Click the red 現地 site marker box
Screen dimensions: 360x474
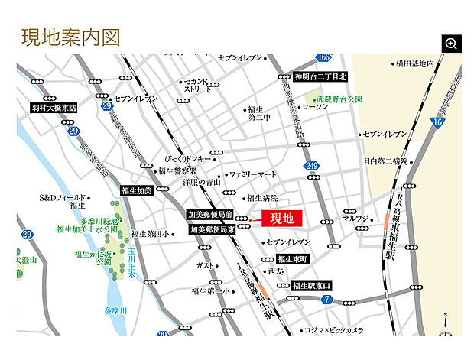click(282, 219)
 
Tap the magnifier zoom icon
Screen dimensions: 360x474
click(451, 44)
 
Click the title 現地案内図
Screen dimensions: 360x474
click(70, 37)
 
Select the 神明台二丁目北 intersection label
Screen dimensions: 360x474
click(320, 76)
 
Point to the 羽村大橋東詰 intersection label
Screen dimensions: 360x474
click(54, 109)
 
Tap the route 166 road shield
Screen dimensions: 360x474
click(323, 58)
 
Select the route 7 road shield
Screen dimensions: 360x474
click(326, 299)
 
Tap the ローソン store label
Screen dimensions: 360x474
click(315, 108)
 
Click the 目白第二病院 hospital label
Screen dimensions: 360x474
click(385, 162)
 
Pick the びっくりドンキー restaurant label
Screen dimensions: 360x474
click(186, 158)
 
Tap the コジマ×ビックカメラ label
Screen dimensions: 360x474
click(333, 331)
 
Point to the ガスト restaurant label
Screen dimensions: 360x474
click(205, 265)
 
